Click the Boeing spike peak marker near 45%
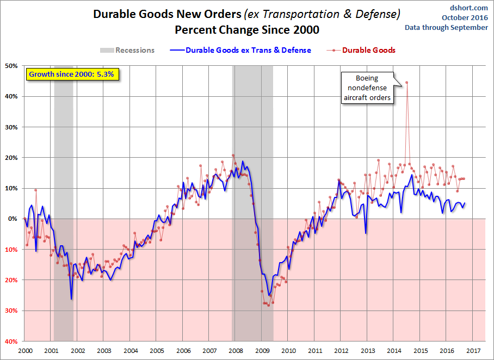coord(407,83)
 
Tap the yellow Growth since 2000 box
coord(72,75)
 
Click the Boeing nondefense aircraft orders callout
coord(367,88)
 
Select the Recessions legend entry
coord(127,50)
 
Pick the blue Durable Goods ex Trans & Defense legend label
coord(248,50)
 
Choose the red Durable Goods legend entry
coord(361,50)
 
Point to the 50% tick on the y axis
coord(11,66)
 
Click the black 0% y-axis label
coord(13,219)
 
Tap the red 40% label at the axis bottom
coord(11,341)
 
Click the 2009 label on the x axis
coord(262,351)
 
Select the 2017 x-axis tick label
coord(473,351)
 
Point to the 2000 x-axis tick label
coord(25,351)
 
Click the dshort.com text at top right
coord(469,8)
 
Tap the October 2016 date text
coord(465,17)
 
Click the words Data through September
coord(447,27)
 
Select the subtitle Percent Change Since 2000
coord(247,30)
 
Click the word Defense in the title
coord(378,14)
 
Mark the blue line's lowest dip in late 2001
coord(71,299)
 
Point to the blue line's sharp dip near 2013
coord(366,233)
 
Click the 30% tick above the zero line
coord(11,127)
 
